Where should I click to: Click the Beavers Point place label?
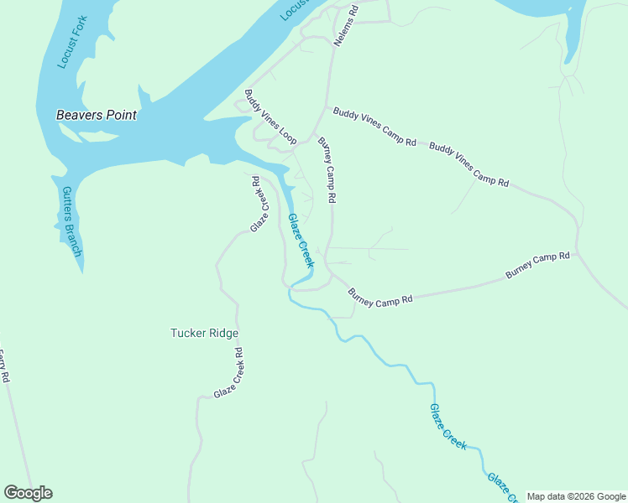tap(96, 115)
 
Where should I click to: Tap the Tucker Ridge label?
tap(204, 333)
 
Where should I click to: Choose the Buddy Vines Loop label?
tap(270, 117)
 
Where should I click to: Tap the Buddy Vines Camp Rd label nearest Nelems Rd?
tap(374, 127)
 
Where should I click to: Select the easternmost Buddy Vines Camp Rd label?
tap(468, 164)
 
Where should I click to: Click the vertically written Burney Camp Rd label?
tap(327, 170)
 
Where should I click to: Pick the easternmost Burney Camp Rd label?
tap(537, 266)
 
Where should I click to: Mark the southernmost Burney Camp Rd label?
tap(380, 297)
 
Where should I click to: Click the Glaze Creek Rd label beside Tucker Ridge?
tap(228, 373)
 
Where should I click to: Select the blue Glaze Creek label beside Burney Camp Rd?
tap(300, 241)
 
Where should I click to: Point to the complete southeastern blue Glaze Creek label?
tap(447, 427)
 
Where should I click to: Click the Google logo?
tap(28, 493)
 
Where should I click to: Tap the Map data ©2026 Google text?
tap(575, 496)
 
